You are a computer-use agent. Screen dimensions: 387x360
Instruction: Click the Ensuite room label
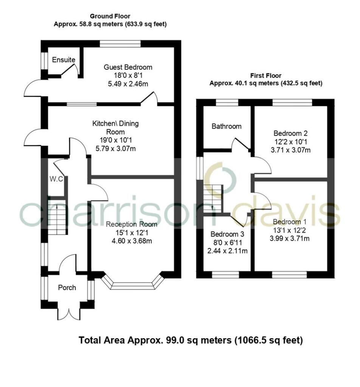[x=64, y=60]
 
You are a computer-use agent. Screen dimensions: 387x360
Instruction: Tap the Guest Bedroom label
[x=128, y=67]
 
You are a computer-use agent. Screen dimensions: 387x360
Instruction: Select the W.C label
[x=56, y=179]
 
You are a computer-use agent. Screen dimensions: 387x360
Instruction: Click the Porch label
[x=67, y=288]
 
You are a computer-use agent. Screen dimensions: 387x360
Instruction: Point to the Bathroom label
[x=226, y=126]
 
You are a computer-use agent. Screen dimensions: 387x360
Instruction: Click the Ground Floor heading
[x=110, y=16]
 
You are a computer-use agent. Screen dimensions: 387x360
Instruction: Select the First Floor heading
[x=266, y=76]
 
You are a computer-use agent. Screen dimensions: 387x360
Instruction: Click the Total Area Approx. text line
[x=191, y=340]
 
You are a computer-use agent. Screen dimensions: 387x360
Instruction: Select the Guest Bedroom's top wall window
[x=120, y=43]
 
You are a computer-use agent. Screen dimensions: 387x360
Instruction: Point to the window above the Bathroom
[x=227, y=102]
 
